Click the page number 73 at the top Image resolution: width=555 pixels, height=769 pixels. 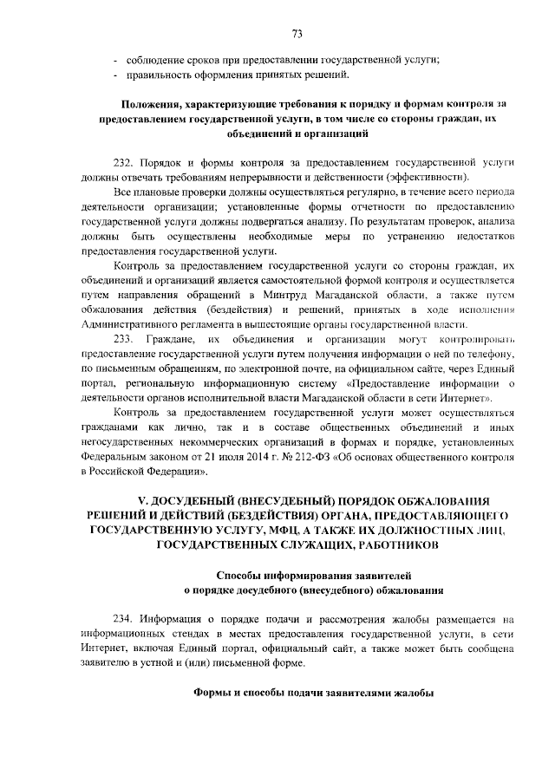pyautogui.click(x=296, y=33)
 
